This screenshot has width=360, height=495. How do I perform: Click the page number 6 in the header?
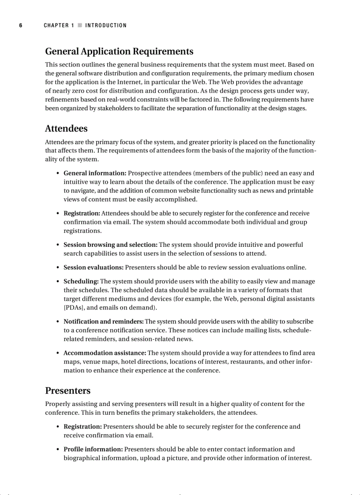click(x=20, y=26)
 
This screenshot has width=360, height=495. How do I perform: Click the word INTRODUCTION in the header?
click(x=106, y=26)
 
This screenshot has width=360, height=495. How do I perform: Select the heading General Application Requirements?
click(x=119, y=52)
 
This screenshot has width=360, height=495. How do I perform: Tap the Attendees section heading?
click(x=66, y=129)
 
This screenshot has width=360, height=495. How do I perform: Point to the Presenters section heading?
click(x=67, y=391)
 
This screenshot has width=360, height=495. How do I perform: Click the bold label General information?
click(x=95, y=173)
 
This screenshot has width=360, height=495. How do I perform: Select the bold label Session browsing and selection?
click(x=110, y=245)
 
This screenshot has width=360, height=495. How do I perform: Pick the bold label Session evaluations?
click(x=94, y=268)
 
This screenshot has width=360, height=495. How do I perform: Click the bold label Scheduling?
click(x=81, y=281)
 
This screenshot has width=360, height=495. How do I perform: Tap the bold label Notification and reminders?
click(x=104, y=322)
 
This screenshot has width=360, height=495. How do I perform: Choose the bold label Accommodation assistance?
click(x=105, y=353)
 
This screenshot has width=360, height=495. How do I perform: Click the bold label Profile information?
click(x=93, y=450)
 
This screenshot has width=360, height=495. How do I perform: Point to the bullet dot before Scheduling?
click(x=58, y=282)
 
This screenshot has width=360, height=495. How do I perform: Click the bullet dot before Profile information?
click(x=58, y=450)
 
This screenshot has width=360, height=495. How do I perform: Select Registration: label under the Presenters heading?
click(x=82, y=427)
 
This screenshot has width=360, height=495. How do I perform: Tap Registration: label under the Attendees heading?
click(x=82, y=213)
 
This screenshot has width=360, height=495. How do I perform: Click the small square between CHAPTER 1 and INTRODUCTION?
click(x=80, y=26)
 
